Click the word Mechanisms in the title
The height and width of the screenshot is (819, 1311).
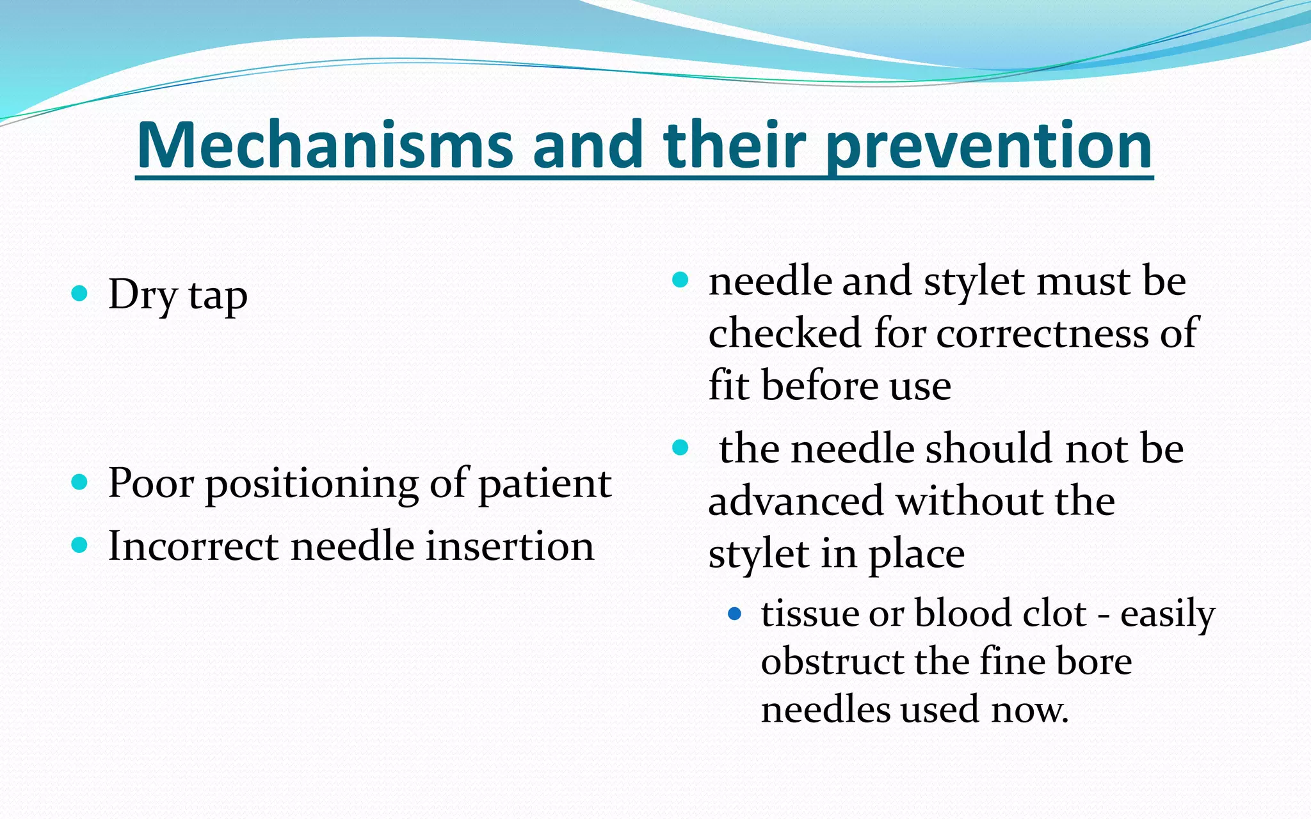click(x=325, y=145)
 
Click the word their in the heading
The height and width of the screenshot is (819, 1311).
click(x=735, y=145)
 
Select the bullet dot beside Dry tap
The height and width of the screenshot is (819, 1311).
click(x=79, y=294)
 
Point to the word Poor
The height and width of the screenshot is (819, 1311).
click(x=150, y=483)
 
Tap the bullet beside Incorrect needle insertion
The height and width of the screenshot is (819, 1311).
click(x=79, y=545)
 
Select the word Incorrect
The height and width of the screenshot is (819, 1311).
click(x=193, y=546)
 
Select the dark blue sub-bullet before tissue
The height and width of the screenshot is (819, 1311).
click(x=734, y=615)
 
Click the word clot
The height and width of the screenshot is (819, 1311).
click(x=1054, y=614)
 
